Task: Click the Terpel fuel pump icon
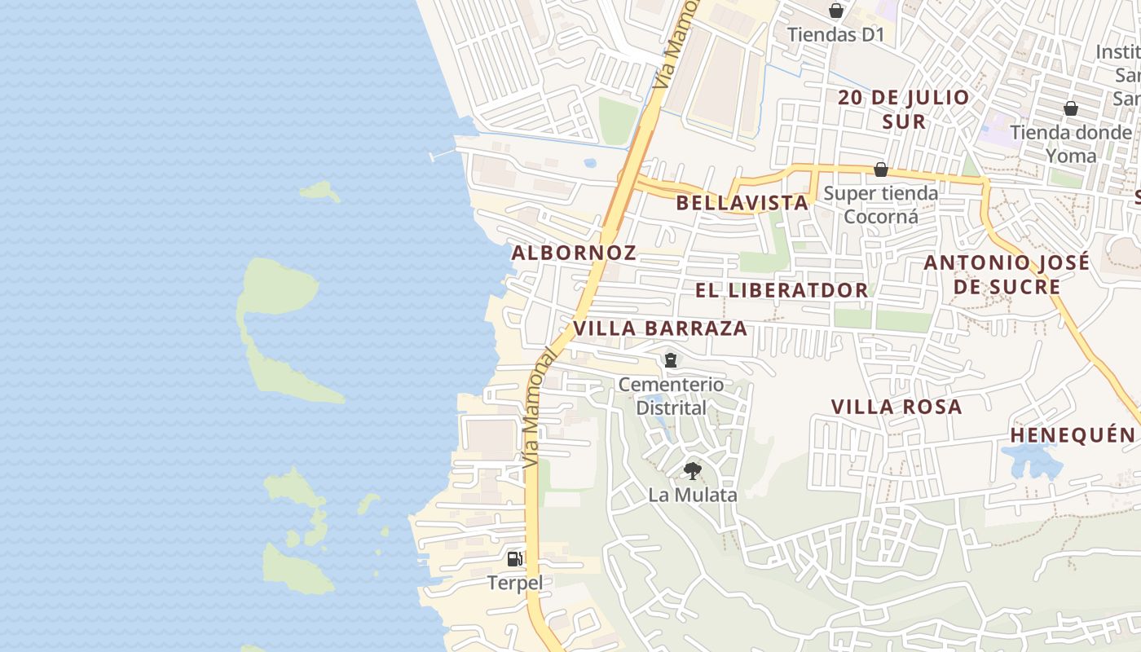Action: pyautogui.click(x=515, y=558)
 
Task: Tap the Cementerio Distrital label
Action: pyautogui.click(x=671, y=395)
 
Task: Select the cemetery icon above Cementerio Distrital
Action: pyautogui.click(x=671, y=359)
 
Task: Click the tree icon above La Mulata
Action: pyautogui.click(x=692, y=470)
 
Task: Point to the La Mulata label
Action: pyautogui.click(x=693, y=495)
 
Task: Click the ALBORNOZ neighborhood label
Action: pyautogui.click(x=574, y=253)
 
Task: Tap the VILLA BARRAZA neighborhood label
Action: pyautogui.click(x=660, y=328)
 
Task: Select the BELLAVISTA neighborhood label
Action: pyautogui.click(x=742, y=203)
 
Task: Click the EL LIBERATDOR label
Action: pyautogui.click(x=782, y=290)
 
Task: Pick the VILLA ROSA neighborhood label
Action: pyautogui.click(x=896, y=407)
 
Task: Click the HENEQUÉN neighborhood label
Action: pyautogui.click(x=1073, y=435)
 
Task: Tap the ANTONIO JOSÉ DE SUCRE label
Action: pyautogui.click(x=1007, y=275)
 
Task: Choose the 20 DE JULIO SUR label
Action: pyautogui.click(x=905, y=109)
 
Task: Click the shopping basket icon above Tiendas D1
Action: pyautogui.click(x=835, y=11)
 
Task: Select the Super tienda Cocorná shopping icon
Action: pyautogui.click(x=881, y=170)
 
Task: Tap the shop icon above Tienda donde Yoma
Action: pyautogui.click(x=1071, y=108)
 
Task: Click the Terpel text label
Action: pyautogui.click(x=514, y=583)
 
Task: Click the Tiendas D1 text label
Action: pyautogui.click(x=835, y=35)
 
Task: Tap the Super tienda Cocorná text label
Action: pyautogui.click(x=881, y=205)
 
